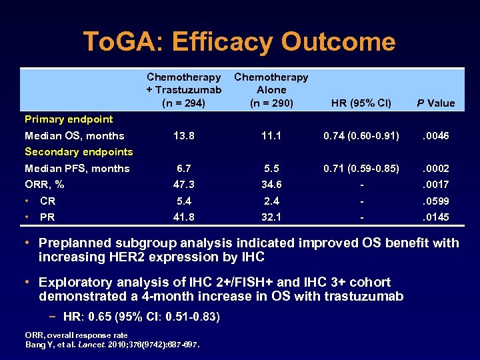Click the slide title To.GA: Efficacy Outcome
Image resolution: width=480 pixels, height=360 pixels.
pyautogui.click(x=239, y=42)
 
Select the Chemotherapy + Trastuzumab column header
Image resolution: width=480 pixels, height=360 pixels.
pyautogui.click(x=184, y=90)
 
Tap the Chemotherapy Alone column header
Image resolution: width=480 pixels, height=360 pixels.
pyautogui.click(x=271, y=90)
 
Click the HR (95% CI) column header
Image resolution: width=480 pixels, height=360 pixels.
pyautogui.click(x=361, y=103)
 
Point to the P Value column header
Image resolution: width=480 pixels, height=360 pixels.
pyautogui.click(x=435, y=103)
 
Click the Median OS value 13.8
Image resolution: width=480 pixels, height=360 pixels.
pyautogui.click(x=184, y=135)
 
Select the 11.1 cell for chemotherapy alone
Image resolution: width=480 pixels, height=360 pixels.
pyautogui.click(x=271, y=135)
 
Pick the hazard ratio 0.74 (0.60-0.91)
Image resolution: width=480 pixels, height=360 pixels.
pyautogui.click(x=361, y=135)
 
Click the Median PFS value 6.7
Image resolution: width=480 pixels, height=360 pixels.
pyautogui.click(x=184, y=168)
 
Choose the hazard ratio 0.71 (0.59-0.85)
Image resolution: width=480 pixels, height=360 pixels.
pyautogui.click(x=361, y=168)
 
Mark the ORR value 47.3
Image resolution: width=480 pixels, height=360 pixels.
pyautogui.click(x=184, y=184)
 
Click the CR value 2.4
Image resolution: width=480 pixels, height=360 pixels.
pyautogui.click(x=271, y=201)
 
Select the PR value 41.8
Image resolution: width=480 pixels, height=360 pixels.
pyautogui.click(x=184, y=217)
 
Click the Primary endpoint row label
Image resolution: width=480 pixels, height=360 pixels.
pyautogui.click(x=69, y=119)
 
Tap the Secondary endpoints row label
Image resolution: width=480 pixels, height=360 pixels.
pyautogui.click(x=79, y=151)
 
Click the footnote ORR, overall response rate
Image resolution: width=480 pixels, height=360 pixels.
pyautogui.click(x=76, y=335)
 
